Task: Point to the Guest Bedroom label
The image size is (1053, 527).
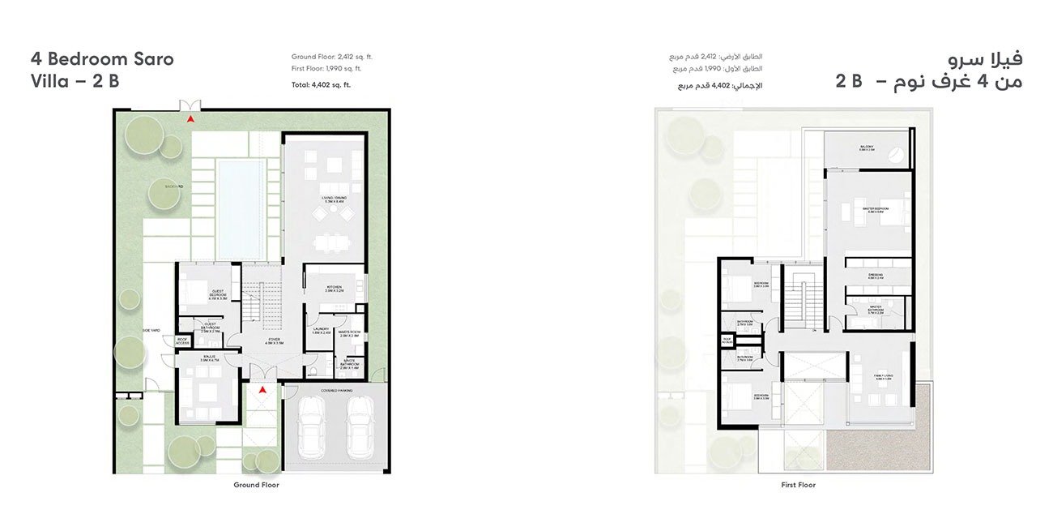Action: click(217, 293)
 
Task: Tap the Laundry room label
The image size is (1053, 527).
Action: click(322, 331)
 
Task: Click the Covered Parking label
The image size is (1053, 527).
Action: click(336, 390)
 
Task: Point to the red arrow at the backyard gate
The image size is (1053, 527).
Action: click(190, 119)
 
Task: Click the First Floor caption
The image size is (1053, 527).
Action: click(799, 485)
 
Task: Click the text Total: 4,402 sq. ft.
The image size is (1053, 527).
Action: click(322, 84)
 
